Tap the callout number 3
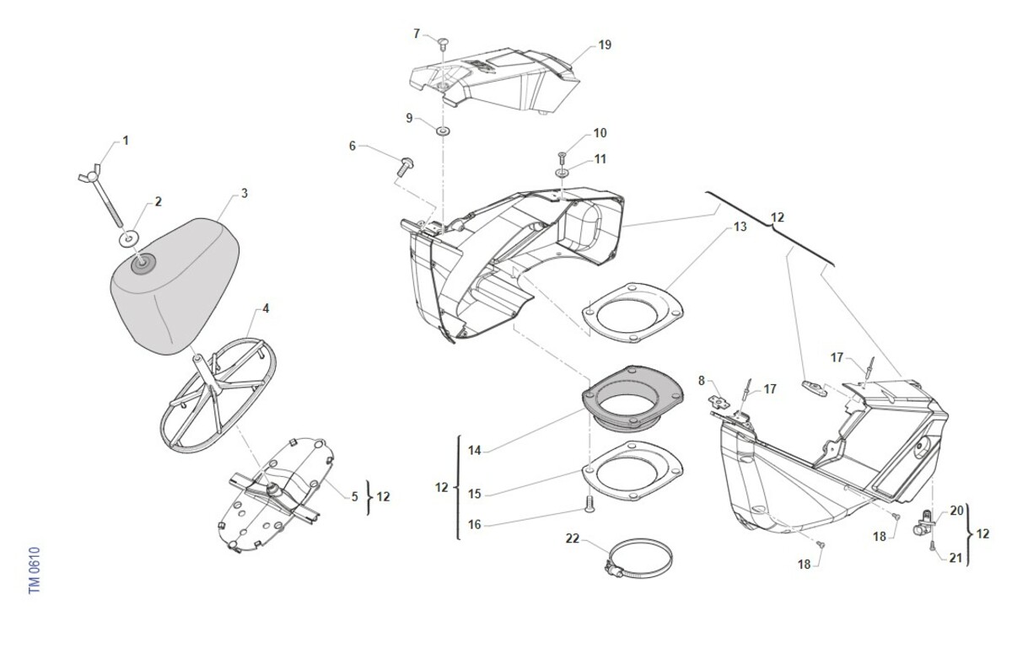(244, 193)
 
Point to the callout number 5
(355, 496)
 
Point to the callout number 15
(475, 494)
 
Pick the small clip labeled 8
(719, 399)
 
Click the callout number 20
(956, 511)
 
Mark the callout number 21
(956, 557)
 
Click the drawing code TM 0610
(35, 570)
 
